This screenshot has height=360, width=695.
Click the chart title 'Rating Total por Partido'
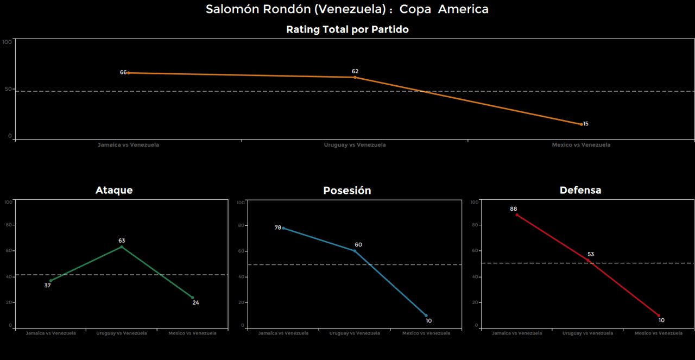coord(347,30)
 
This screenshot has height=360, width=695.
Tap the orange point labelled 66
coord(129,73)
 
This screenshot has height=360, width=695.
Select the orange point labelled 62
coord(355,77)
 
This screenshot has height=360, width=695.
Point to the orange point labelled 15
coord(582,124)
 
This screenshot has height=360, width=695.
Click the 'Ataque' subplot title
coord(114,190)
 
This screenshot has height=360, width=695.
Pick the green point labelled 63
coord(122,247)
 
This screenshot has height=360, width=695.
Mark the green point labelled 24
coord(192,298)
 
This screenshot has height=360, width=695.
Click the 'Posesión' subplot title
coord(347,191)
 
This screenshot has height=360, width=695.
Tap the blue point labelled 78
coord(283,228)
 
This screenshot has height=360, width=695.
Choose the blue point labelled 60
coord(355,251)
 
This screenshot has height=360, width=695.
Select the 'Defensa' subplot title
coord(580,190)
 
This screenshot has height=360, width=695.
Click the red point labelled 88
coord(517,215)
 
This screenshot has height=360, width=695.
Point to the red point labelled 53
coord(587,260)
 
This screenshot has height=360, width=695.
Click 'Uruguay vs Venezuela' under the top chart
coord(355,145)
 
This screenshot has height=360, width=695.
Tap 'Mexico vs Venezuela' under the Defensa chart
coord(658,333)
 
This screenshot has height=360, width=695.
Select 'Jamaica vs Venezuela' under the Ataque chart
coord(51,333)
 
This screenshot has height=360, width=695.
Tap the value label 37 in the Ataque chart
coord(47,286)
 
